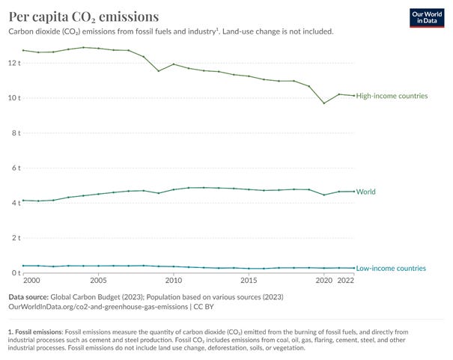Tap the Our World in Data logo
click(x=428, y=18)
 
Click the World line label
click(x=365, y=192)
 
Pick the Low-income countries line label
click(x=391, y=268)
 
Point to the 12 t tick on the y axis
click(x=13, y=62)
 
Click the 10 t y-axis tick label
click(x=13, y=97)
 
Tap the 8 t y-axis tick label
click(x=14, y=132)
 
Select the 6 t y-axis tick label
click(x=14, y=168)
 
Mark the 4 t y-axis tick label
click(x=14, y=203)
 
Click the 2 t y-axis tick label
click(x=14, y=238)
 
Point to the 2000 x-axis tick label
click(x=31, y=280)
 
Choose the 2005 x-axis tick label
click(x=98, y=280)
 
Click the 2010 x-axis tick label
click(x=174, y=280)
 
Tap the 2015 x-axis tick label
click(x=249, y=280)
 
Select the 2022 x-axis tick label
click(x=345, y=280)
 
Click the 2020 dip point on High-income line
click(x=323, y=103)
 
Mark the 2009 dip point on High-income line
click(x=158, y=71)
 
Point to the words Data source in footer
click(x=28, y=296)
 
